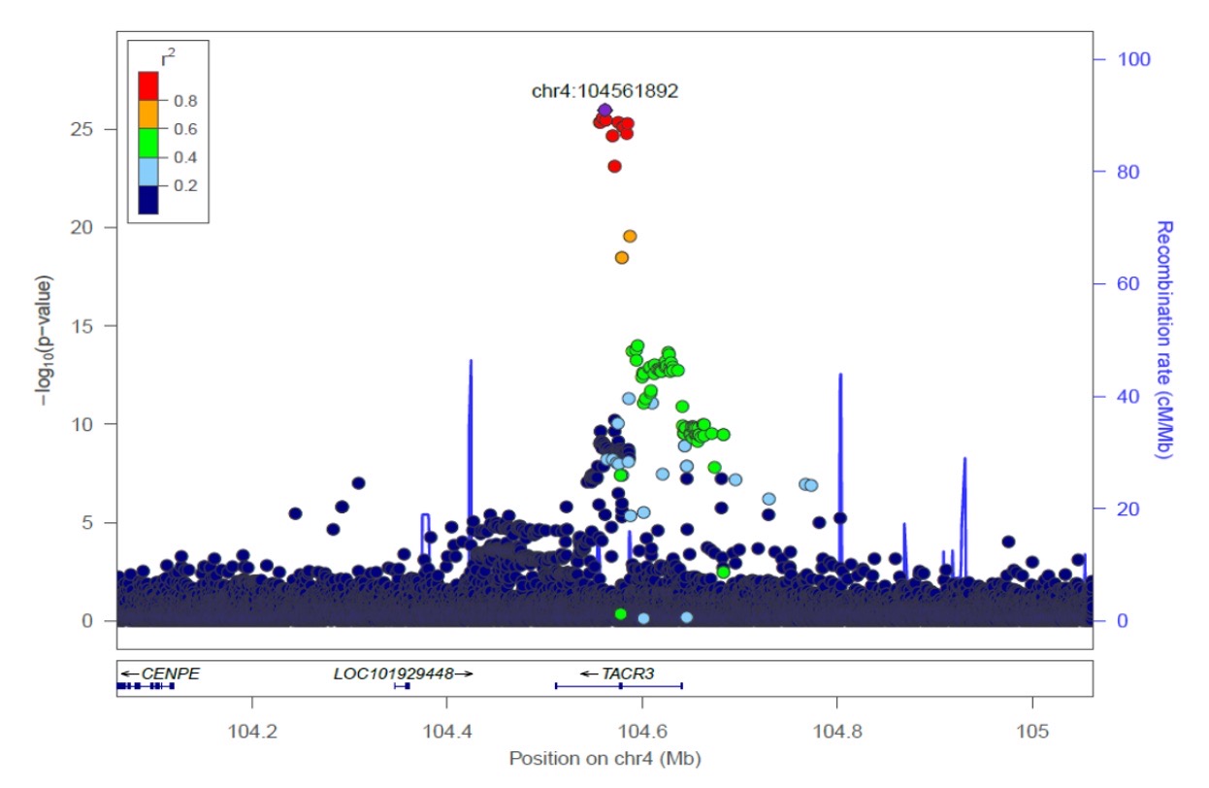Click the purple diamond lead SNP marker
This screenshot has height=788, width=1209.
(x=604, y=110)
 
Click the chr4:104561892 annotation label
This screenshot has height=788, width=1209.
(x=604, y=91)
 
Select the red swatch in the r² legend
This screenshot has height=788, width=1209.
(x=148, y=86)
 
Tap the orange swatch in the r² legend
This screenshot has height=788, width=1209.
(x=148, y=115)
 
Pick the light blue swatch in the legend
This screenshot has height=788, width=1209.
(x=148, y=171)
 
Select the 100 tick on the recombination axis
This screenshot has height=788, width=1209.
(x=1131, y=59)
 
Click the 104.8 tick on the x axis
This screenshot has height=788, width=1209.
(x=837, y=729)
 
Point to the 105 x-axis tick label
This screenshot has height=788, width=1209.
(x=1032, y=729)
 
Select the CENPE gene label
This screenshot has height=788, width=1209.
(x=170, y=673)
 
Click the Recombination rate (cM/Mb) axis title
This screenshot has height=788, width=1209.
(x=1164, y=340)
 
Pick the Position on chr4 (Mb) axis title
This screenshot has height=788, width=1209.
(x=604, y=758)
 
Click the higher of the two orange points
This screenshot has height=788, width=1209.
(x=630, y=236)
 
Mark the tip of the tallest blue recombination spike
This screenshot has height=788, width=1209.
(x=471, y=361)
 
